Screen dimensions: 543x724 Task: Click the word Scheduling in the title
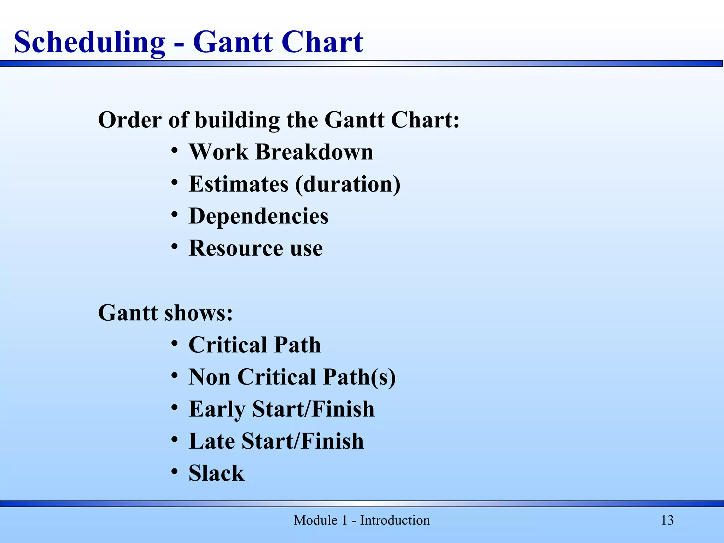point(89,42)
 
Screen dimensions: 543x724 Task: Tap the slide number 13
point(667,520)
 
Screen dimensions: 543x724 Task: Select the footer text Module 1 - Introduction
point(362,520)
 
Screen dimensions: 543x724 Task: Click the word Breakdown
point(314,152)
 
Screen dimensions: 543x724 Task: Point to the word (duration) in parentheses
point(348,185)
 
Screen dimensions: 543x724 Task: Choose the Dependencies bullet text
point(258,216)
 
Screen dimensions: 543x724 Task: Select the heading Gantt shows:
point(165,313)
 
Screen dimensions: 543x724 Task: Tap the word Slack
point(216,473)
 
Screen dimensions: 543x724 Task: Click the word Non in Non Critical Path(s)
point(209,377)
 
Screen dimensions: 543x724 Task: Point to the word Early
point(217,409)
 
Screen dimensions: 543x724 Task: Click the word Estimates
point(239,184)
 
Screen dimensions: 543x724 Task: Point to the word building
point(238,120)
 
